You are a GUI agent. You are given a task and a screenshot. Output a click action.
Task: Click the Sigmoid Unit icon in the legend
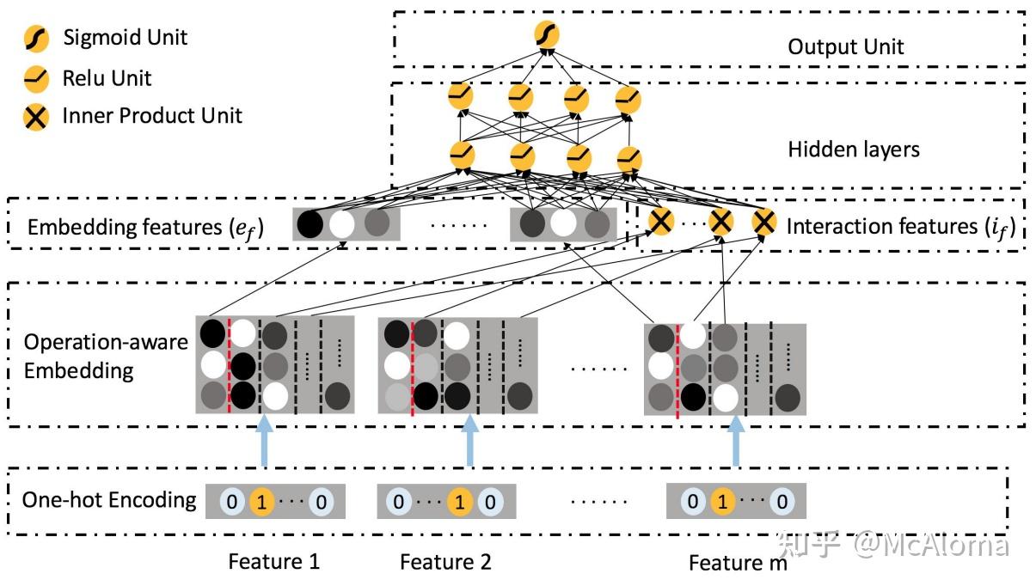click(x=34, y=39)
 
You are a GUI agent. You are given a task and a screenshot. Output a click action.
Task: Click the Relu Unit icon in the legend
click(x=34, y=79)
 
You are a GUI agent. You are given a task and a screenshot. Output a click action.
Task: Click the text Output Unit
click(x=845, y=46)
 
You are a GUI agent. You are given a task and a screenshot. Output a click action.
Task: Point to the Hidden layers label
click(x=853, y=150)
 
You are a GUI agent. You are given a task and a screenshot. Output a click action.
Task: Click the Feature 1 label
click(x=273, y=562)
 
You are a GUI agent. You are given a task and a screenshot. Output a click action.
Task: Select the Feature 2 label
click(x=445, y=562)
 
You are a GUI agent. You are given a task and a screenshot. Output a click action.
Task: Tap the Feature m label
click(x=737, y=563)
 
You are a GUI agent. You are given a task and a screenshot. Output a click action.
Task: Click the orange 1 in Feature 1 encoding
click(x=261, y=501)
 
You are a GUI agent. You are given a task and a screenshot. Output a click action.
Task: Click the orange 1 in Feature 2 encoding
click(x=459, y=501)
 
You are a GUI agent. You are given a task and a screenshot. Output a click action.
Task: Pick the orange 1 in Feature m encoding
click(x=722, y=501)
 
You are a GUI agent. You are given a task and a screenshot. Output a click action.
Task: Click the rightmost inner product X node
click(x=763, y=223)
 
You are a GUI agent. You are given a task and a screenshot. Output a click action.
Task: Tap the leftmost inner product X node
click(x=660, y=223)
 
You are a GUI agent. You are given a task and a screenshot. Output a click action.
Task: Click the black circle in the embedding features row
click(x=310, y=224)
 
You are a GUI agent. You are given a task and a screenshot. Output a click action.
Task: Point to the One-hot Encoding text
click(x=109, y=499)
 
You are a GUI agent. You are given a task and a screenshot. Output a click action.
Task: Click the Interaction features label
click(x=900, y=227)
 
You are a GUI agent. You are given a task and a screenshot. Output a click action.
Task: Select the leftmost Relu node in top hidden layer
click(x=461, y=97)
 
